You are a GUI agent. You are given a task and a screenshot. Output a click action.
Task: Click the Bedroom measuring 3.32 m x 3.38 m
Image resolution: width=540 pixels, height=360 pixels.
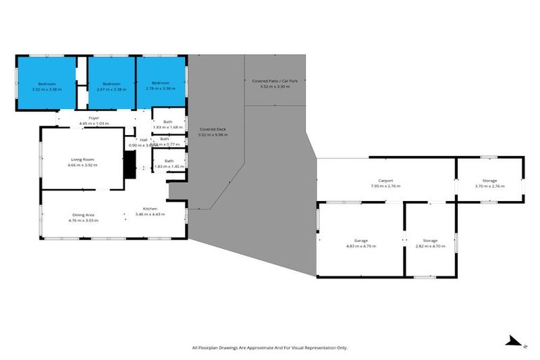[x=46, y=86]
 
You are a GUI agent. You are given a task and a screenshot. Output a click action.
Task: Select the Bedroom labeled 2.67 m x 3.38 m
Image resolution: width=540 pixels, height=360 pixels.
[x=110, y=86]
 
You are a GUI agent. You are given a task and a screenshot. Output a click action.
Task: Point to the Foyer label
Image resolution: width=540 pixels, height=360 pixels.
[x=94, y=117]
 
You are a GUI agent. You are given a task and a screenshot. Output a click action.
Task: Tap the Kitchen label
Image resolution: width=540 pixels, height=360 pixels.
[x=150, y=208]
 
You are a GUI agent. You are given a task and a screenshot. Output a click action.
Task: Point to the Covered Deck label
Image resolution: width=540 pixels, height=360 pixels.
[x=212, y=129]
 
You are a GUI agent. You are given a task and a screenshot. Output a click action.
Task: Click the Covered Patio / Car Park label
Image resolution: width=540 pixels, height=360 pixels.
[x=275, y=81]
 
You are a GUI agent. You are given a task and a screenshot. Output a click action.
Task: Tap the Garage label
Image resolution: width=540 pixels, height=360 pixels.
[x=361, y=240]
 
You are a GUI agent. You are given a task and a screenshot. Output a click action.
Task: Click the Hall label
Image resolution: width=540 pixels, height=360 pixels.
[x=143, y=139]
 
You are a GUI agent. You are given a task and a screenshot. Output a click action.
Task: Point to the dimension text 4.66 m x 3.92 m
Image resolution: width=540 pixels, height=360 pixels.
[x=82, y=165]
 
